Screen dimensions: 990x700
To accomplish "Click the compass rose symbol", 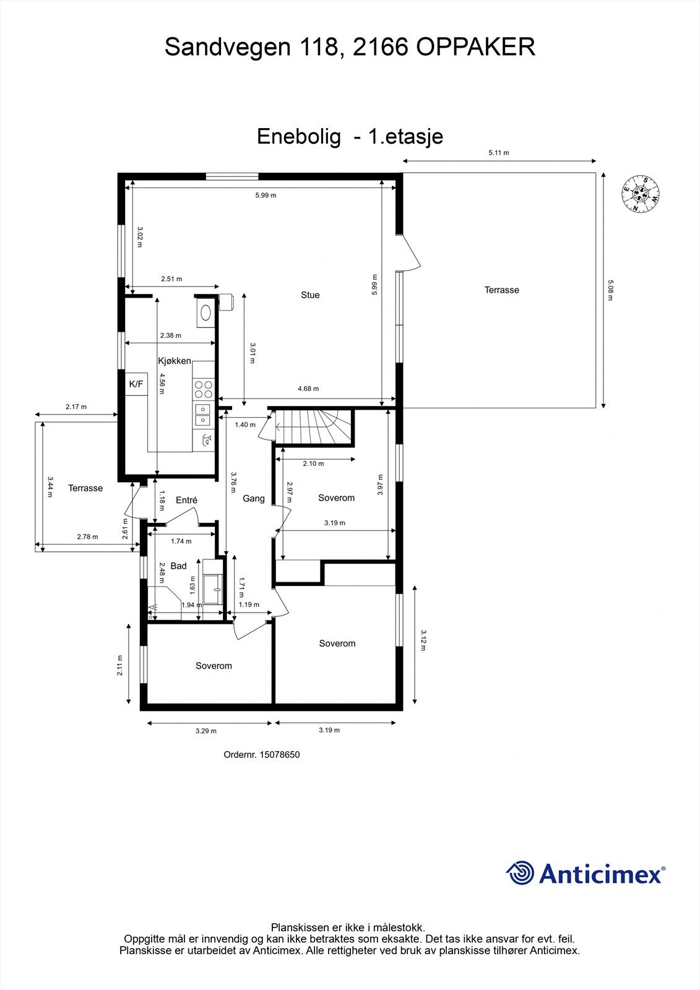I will tap(640, 194).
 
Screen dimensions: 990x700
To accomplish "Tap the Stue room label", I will tap(310, 295).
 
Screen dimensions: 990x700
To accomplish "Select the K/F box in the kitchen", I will tap(136, 384).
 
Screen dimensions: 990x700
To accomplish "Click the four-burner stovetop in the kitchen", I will tap(203, 389).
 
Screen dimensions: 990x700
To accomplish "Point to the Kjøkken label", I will tap(174, 361).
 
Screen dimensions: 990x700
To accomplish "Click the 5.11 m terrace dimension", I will tap(498, 153).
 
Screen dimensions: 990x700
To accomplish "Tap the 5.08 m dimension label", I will tap(610, 290).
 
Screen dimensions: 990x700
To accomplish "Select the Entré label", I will tap(186, 500).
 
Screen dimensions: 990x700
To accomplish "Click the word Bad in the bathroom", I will tap(178, 566).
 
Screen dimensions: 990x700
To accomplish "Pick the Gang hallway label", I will tap(253, 498).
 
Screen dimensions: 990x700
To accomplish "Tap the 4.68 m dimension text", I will tap(308, 389).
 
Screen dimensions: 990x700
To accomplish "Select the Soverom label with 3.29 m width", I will tap(214, 666).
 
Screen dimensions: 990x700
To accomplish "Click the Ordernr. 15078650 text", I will tap(261, 754).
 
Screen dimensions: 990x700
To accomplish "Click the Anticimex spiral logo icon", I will tap(520, 873).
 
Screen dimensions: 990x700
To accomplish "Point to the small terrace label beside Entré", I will tap(85, 488).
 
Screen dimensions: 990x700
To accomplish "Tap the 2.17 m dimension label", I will tap(76, 407).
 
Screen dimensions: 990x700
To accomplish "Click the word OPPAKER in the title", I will tap(475, 47).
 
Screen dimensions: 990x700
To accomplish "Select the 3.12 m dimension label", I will tap(423, 640).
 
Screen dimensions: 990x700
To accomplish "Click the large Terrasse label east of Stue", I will tap(501, 290).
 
